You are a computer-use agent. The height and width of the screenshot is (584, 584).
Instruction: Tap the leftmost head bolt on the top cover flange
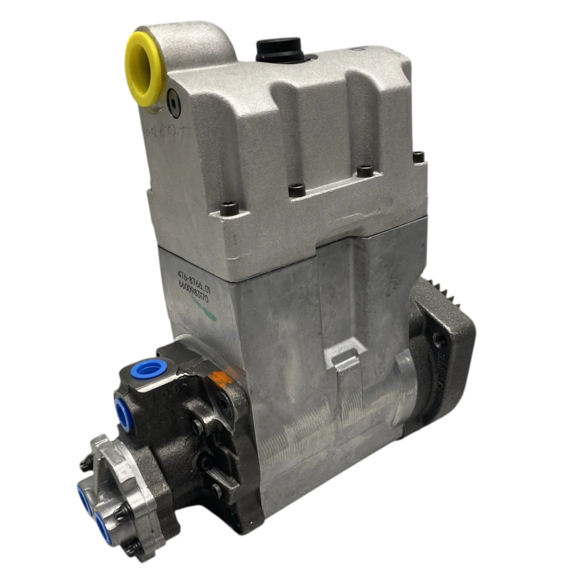(x=225, y=210)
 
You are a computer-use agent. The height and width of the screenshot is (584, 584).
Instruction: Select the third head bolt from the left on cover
(x=361, y=172)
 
